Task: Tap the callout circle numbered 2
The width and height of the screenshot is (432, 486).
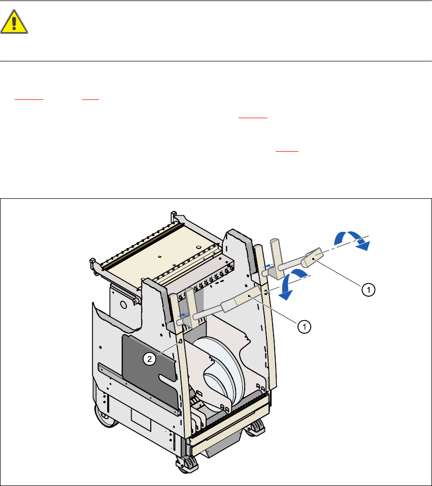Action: point(149,359)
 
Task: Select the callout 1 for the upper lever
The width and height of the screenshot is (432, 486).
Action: point(368,289)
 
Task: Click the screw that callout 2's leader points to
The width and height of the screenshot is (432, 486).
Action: point(180,343)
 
